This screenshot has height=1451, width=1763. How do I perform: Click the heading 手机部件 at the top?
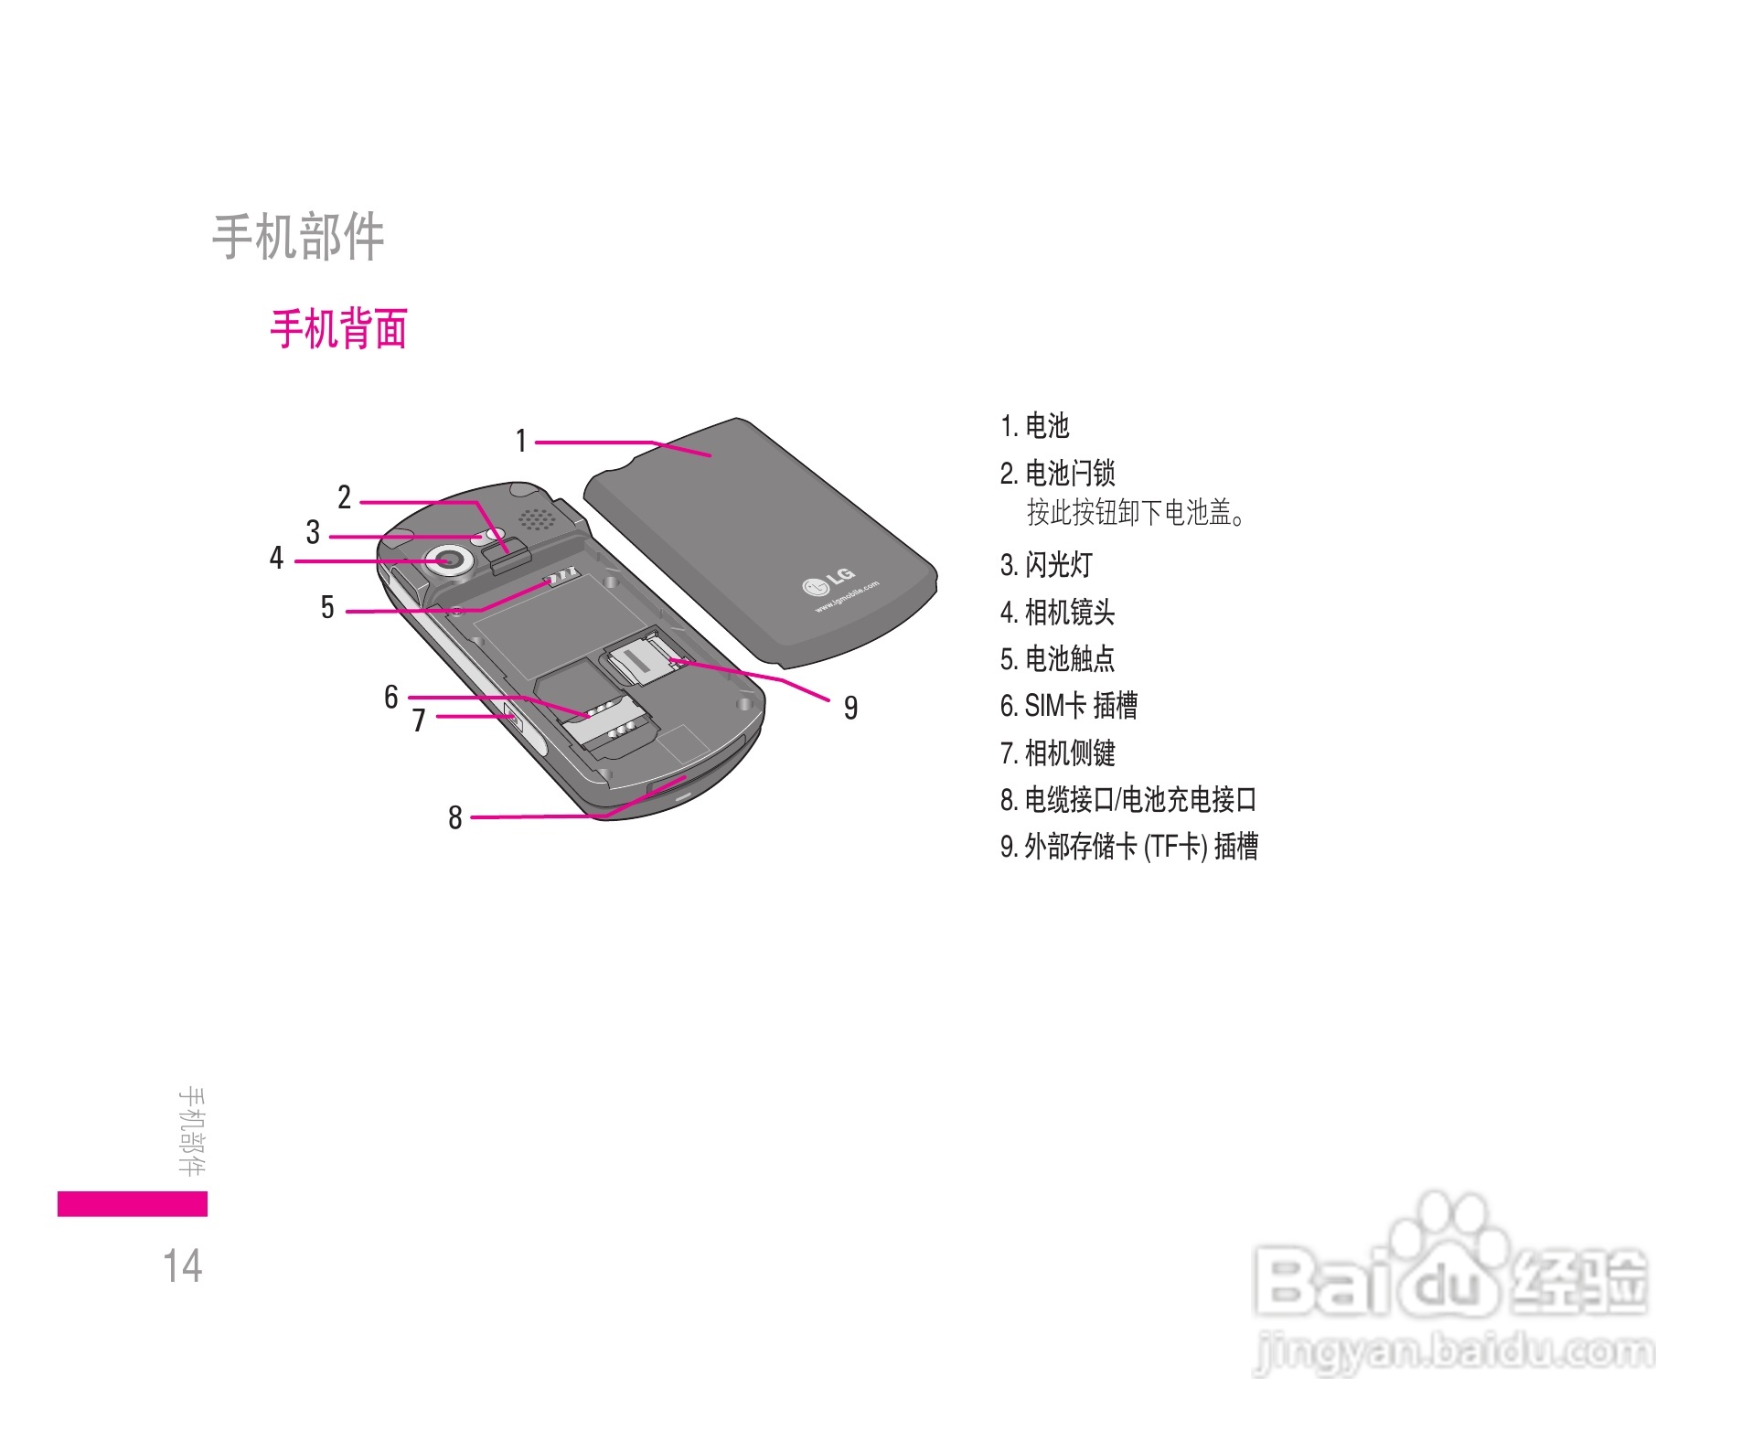[298, 238]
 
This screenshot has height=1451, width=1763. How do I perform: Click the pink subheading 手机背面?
[338, 329]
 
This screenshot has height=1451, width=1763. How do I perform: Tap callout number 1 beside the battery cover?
[521, 442]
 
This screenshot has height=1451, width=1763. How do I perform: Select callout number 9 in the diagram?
[850, 708]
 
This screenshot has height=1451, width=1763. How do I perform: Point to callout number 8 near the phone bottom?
[454, 817]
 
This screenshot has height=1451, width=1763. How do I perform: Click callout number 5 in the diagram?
[327, 608]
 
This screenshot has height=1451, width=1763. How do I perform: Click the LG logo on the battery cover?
[830, 580]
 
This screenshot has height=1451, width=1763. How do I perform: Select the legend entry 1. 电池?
[1034, 426]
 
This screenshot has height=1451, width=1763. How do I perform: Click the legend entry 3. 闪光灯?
[1046, 565]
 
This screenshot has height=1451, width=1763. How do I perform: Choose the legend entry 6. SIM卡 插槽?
[1068, 706]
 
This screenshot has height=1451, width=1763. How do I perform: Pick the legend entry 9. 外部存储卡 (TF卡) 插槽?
[1128, 847]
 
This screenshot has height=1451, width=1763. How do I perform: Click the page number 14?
[183, 1266]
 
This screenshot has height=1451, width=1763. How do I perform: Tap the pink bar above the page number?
[133, 1203]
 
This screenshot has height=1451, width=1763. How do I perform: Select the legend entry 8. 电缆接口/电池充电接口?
[1127, 800]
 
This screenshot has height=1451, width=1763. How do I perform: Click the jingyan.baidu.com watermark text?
[1454, 1351]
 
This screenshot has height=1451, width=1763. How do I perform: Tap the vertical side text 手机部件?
[192, 1131]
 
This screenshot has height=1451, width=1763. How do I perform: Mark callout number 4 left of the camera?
[276, 558]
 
